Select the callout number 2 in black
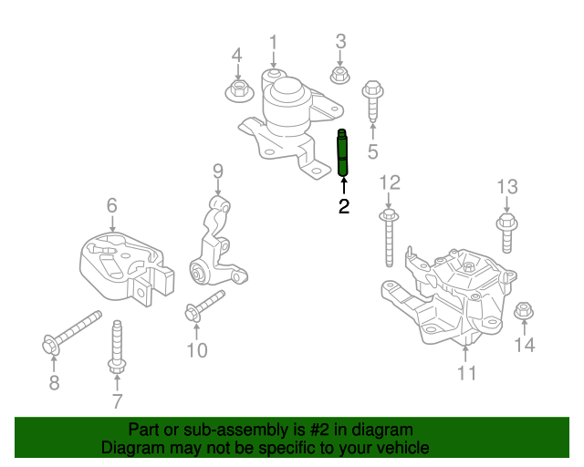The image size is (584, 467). click(x=344, y=207)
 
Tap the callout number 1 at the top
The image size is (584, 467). click(x=273, y=41)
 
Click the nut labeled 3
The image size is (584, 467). click(x=339, y=75)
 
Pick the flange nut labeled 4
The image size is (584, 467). click(x=237, y=89)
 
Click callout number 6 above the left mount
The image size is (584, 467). click(x=111, y=205)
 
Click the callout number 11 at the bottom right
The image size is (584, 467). click(x=466, y=372)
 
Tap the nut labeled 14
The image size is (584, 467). click(x=524, y=311)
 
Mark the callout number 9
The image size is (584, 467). click(x=218, y=171)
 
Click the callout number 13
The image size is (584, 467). click(x=507, y=187)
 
